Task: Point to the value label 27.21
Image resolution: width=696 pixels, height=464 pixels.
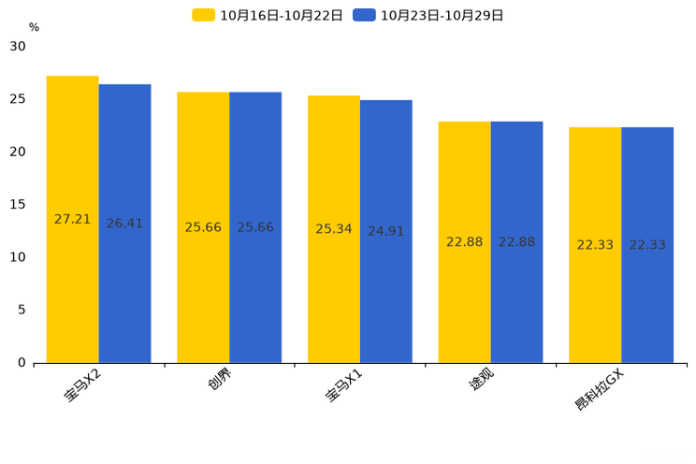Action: click(73, 220)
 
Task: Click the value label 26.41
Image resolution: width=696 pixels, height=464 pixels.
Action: click(124, 224)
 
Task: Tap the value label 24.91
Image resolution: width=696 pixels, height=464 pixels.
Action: click(385, 231)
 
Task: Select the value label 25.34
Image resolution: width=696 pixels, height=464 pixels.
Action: click(334, 229)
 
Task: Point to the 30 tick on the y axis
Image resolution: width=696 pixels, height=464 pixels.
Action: click(18, 47)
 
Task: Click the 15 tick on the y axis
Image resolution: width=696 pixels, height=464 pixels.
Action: click(18, 205)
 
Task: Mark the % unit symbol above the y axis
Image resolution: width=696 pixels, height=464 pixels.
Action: click(34, 28)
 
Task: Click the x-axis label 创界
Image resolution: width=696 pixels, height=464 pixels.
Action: click(221, 383)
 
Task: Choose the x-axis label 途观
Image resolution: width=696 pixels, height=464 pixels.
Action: click(482, 383)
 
